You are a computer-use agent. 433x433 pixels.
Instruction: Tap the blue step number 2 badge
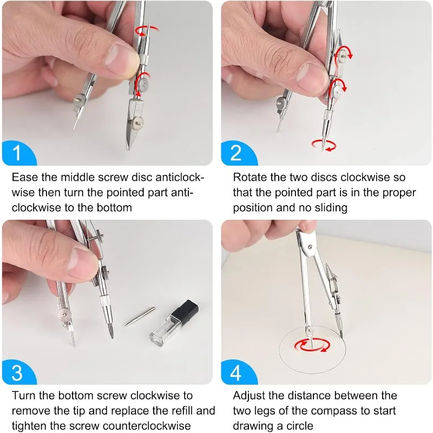[x=239, y=153]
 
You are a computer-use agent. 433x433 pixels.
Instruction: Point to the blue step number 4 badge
[x=239, y=372]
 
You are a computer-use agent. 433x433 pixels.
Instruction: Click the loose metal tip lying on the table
[x=140, y=316]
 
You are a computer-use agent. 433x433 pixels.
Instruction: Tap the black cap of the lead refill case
[x=185, y=311]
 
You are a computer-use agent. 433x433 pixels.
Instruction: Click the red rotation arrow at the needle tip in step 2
[x=324, y=146]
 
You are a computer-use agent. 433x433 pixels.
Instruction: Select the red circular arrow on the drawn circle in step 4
[x=312, y=345]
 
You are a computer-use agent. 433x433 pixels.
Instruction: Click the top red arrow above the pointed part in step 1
[x=146, y=30]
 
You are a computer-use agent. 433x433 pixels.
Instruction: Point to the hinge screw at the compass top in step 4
[x=310, y=247]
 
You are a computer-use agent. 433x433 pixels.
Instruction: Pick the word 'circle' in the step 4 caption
[x=300, y=425]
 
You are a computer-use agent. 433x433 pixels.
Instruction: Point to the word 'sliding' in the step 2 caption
[x=331, y=208]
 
